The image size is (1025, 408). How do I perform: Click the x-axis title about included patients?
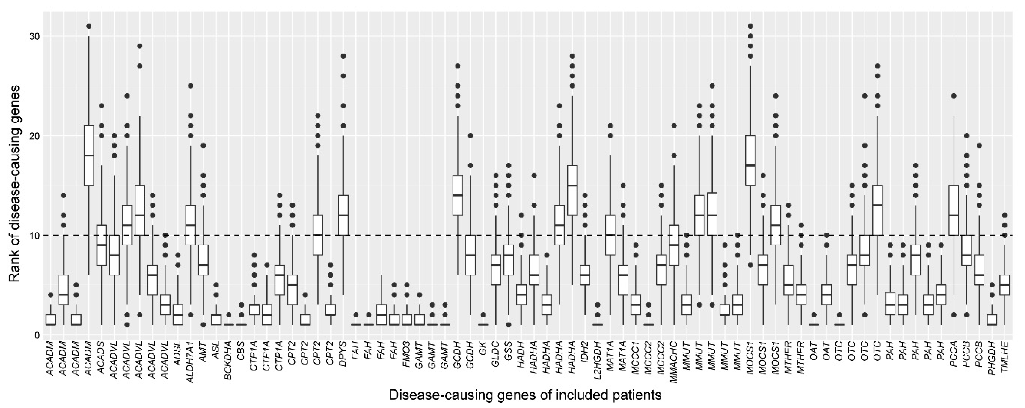525,395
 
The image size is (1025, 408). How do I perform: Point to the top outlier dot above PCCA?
954,96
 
